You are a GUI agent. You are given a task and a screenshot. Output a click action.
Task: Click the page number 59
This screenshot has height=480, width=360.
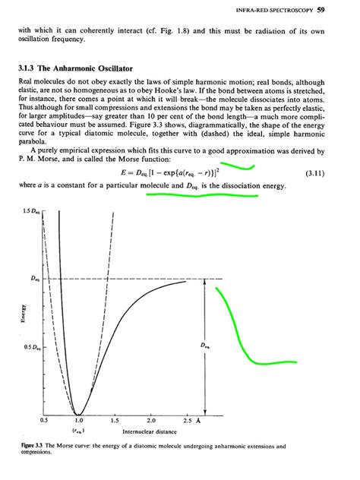(x=342, y=10)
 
